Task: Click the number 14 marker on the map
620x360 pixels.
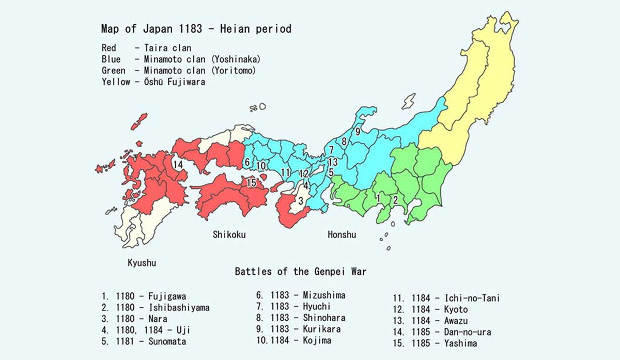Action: [x=178, y=165]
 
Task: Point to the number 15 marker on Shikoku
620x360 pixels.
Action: [x=252, y=182]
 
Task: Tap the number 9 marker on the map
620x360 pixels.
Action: [x=358, y=131]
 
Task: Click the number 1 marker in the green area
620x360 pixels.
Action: [x=378, y=198]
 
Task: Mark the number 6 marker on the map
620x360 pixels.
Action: [x=247, y=162]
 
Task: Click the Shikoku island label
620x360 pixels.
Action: [x=229, y=235]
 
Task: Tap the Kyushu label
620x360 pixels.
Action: [x=142, y=263]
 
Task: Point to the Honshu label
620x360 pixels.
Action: [x=342, y=235]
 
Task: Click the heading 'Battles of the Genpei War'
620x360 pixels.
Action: [x=301, y=271]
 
